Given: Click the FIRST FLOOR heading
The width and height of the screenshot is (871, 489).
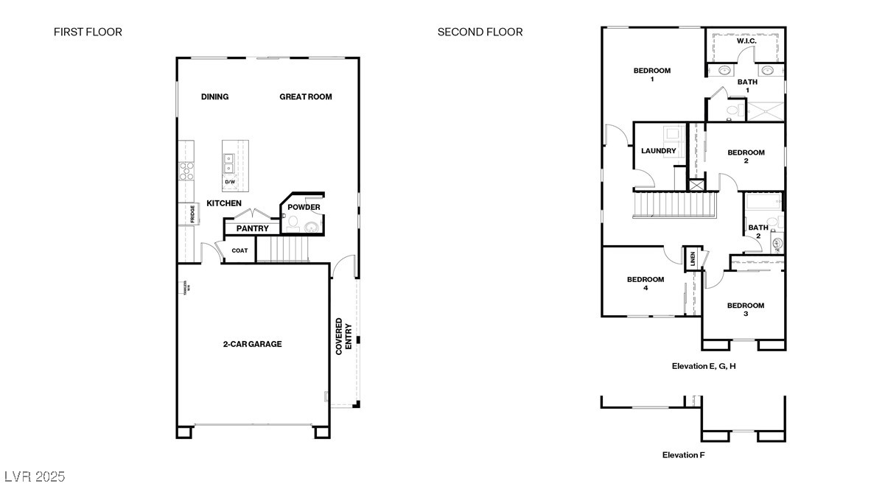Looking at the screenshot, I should pos(88,32).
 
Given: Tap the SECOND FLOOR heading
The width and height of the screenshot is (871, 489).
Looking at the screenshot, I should pos(480,32).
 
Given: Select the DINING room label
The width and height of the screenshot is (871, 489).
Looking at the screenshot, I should pos(214,96).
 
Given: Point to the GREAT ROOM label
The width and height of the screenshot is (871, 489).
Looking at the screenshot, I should pos(305,96).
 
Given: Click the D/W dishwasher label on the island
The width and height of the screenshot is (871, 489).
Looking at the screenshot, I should pos(229,181).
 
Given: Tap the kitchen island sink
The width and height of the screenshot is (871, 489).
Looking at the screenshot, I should pos(229,158).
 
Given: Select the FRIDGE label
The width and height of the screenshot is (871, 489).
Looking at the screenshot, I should pos(192,214).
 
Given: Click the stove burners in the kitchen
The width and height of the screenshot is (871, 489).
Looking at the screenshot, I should pos(187,171).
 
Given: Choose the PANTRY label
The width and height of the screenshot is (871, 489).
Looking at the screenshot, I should pos(252,228).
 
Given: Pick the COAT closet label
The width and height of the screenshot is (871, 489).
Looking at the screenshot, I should pos(240,250).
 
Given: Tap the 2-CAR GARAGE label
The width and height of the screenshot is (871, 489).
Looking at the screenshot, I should pos(252,344).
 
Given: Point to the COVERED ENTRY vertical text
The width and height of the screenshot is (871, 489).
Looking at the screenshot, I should pos(343,337).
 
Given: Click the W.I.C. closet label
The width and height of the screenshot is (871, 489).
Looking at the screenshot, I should pos(746,41).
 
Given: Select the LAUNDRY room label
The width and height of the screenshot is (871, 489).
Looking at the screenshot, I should pos(658,151).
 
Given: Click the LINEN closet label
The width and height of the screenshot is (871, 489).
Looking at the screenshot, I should pos(693,258).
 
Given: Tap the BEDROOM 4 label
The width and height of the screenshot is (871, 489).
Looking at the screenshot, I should pos(646,284).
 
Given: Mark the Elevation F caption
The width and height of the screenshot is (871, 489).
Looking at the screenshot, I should pos(683,455).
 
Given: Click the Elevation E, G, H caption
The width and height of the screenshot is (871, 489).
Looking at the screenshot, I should pos(703,366).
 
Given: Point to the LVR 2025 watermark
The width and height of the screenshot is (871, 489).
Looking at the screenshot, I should pos(35,476).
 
